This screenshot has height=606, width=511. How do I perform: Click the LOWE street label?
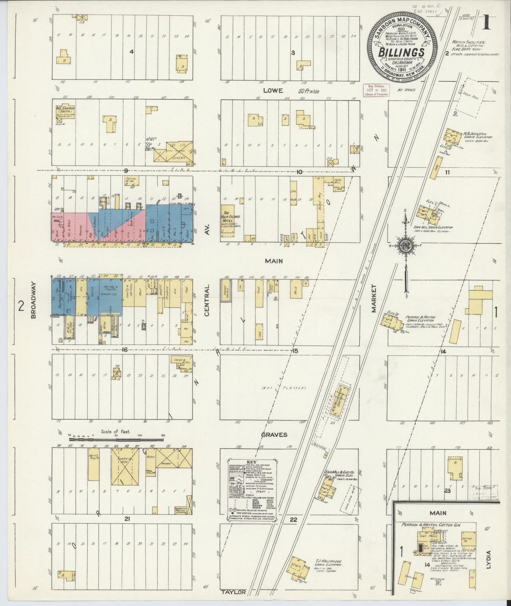[275, 91]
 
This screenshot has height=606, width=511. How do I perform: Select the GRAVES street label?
[274, 435]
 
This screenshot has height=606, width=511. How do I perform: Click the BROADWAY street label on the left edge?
[34, 300]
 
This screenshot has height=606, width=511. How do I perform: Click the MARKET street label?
[374, 299]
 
